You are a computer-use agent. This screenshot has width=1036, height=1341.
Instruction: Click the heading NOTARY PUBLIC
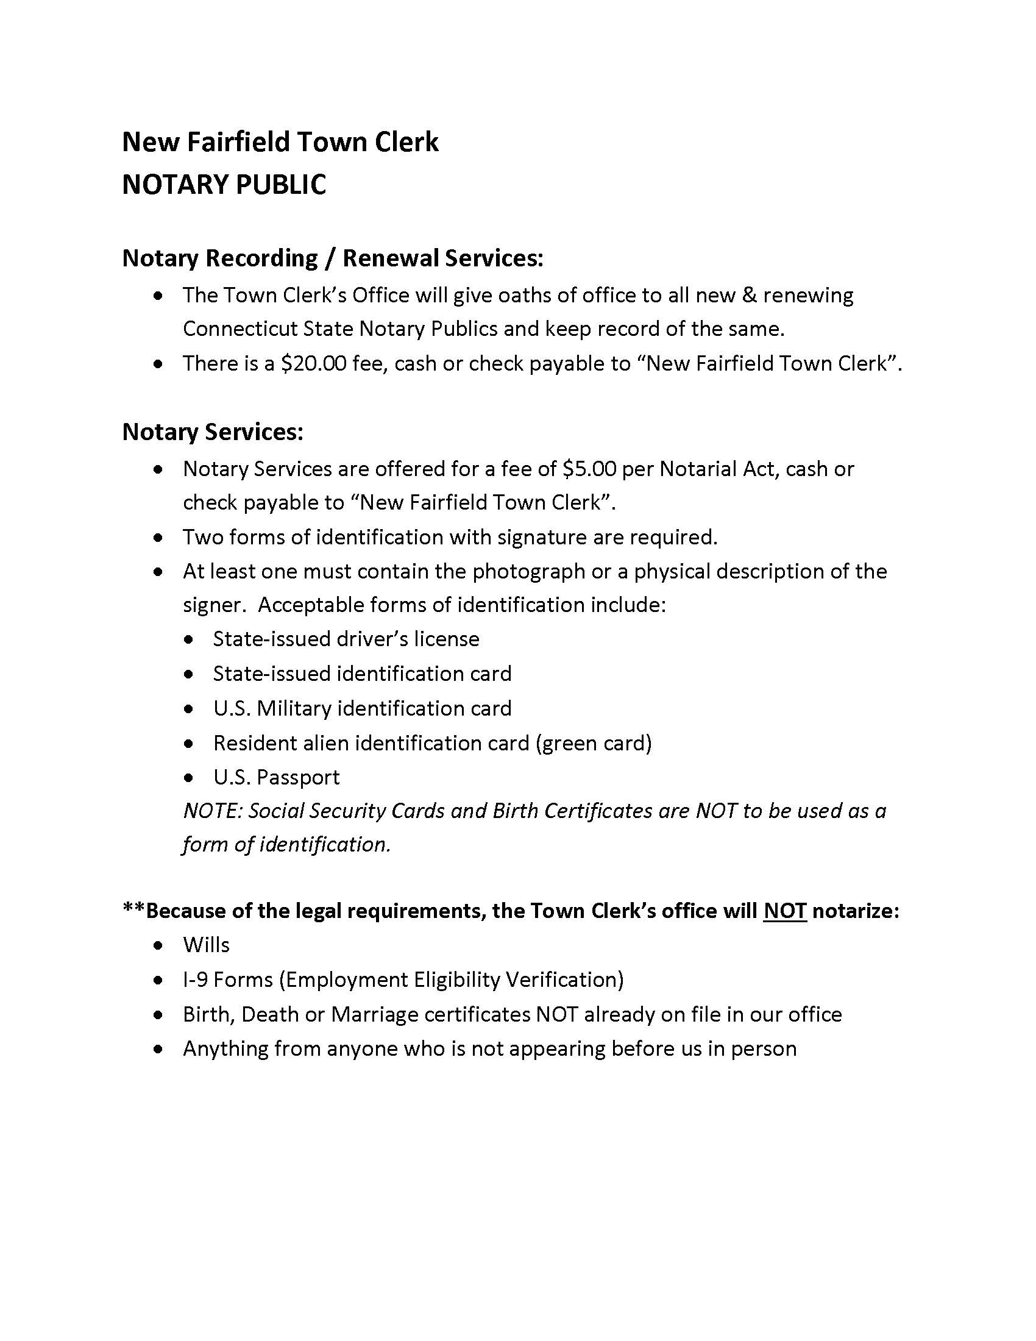(x=224, y=185)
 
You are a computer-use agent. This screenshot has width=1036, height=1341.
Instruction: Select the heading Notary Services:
(x=212, y=432)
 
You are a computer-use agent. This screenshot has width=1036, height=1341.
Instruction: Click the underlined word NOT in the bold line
(x=784, y=910)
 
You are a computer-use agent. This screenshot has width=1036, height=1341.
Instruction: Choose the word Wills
(x=206, y=944)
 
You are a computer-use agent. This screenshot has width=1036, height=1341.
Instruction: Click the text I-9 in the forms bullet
(x=195, y=979)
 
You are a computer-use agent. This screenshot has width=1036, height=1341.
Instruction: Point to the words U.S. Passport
(x=276, y=777)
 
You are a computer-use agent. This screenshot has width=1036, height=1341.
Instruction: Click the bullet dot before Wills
(x=159, y=945)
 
